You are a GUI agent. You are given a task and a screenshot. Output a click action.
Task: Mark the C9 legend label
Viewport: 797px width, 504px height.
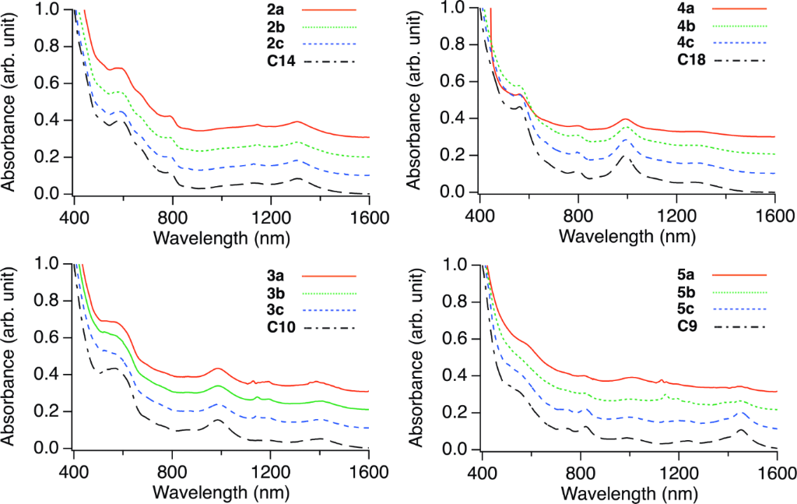tap(685, 326)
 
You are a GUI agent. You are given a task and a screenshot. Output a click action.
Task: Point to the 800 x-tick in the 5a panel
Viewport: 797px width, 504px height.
tap(581, 474)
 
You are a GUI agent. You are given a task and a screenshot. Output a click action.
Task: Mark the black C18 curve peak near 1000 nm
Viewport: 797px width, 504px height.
tap(623, 157)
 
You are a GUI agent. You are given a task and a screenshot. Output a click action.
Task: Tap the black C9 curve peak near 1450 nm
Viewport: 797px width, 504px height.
tap(742, 430)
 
